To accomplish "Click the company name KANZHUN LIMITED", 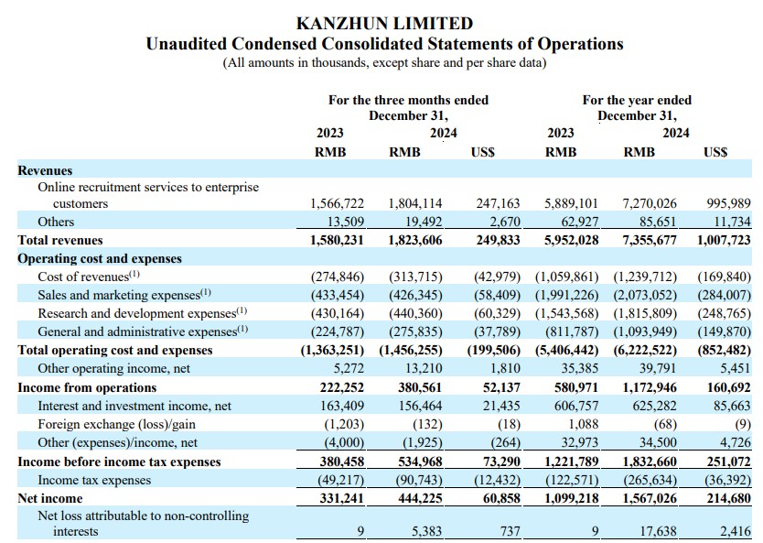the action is coord(384,24).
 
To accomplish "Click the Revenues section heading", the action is coord(45,170).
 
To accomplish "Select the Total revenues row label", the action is coord(60,240).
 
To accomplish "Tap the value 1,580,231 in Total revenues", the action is coord(337,240).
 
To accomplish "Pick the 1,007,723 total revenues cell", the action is coord(724,240).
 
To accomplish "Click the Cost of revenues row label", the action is coord(89,277).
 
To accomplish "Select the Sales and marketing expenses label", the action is coord(124,295).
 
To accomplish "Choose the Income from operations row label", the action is coord(87,387).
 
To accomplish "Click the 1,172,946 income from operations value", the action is coord(650,387).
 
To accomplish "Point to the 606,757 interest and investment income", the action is coord(576,406).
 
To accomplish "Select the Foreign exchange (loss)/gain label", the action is coord(117,424).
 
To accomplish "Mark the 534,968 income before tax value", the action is coord(420,462).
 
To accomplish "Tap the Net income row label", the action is coord(50,498).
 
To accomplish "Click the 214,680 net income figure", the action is coord(728,498).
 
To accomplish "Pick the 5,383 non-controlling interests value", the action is coord(426,531).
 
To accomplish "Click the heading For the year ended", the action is coord(637,100).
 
